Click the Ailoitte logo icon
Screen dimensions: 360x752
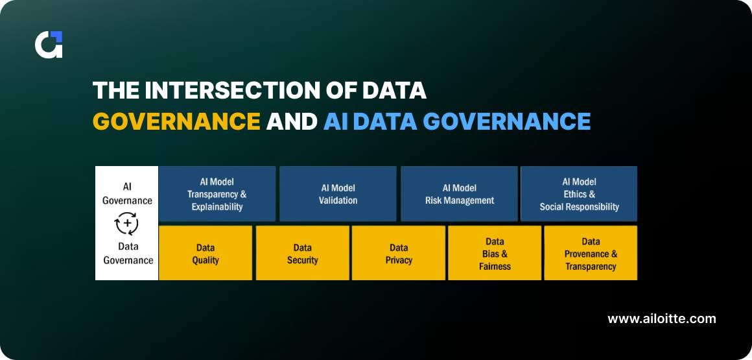tap(49, 44)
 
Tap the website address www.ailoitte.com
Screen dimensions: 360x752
tap(661, 318)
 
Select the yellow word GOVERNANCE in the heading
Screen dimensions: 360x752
tap(176, 121)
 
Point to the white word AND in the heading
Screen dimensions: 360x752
tap(292, 121)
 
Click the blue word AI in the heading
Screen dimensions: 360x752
tap(338, 121)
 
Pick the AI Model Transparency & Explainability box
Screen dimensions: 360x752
tap(217, 194)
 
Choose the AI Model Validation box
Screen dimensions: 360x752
tap(338, 194)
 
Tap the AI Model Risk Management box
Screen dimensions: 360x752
tap(459, 194)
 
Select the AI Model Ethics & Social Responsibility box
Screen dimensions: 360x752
tap(579, 194)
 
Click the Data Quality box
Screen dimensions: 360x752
tap(206, 254)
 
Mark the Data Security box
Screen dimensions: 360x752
tap(302, 254)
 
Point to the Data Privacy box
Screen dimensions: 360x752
tap(399, 254)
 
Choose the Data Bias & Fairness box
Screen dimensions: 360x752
tap(495, 254)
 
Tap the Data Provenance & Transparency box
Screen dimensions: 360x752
tap(591, 254)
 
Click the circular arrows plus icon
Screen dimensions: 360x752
tap(126, 223)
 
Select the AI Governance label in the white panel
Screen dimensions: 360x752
tap(127, 193)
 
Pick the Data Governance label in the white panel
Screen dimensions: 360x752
tap(127, 254)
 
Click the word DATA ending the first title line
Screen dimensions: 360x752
tap(392, 90)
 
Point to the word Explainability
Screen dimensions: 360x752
tap(217, 207)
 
